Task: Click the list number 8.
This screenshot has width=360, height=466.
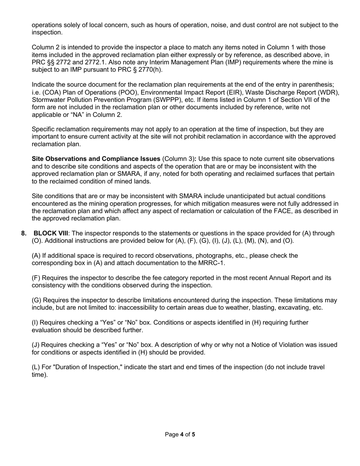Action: click(24, 233)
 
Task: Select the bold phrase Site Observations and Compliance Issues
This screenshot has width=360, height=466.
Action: click(96, 159)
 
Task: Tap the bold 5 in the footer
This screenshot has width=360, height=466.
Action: click(194, 435)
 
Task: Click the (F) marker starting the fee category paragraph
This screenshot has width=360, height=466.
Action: click(36, 278)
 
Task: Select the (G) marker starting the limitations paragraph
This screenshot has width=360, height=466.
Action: click(37, 300)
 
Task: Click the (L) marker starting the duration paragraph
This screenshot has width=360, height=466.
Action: click(36, 367)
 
